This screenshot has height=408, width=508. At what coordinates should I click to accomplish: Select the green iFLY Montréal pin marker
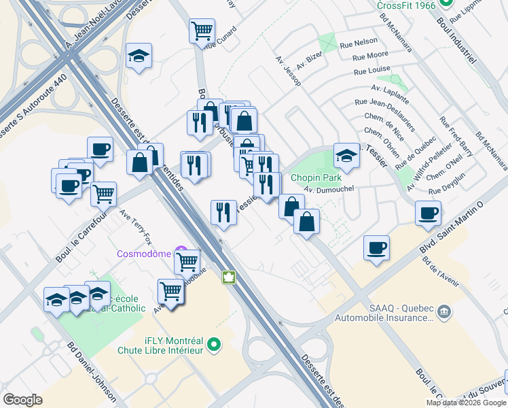[215, 345]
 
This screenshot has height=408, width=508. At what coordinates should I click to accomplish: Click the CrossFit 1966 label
[405, 5]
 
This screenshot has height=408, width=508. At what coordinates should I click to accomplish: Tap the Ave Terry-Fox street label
[137, 227]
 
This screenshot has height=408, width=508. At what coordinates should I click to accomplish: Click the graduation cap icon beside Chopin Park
[346, 155]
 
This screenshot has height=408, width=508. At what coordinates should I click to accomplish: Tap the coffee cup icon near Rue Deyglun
[429, 212]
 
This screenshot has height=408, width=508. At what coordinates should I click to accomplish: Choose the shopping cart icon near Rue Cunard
[202, 30]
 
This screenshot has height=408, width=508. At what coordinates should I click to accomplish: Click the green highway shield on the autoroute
[229, 278]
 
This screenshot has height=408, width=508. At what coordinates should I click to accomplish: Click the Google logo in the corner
[22, 399]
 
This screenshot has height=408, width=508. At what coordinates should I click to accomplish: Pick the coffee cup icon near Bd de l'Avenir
[376, 247]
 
